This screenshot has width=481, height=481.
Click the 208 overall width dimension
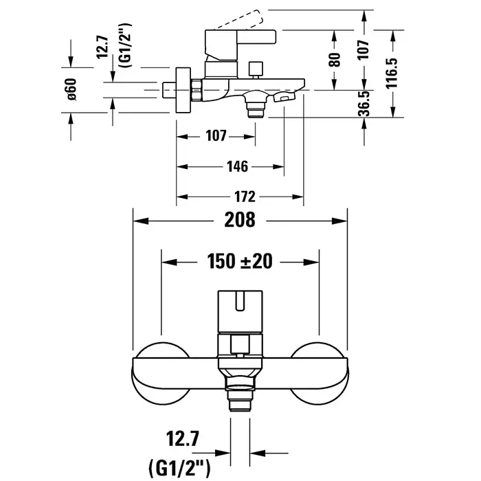[x=240, y=221]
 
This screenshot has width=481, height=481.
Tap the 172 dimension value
[x=240, y=197]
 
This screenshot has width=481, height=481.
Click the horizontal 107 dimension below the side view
[x=216, y=136]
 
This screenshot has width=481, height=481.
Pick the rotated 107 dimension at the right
[x=365, y=49]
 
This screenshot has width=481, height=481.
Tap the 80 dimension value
[x=335, y=60]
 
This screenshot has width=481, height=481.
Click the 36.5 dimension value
[x=365, y=104]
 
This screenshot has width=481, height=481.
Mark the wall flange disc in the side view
[x=183, y=90]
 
